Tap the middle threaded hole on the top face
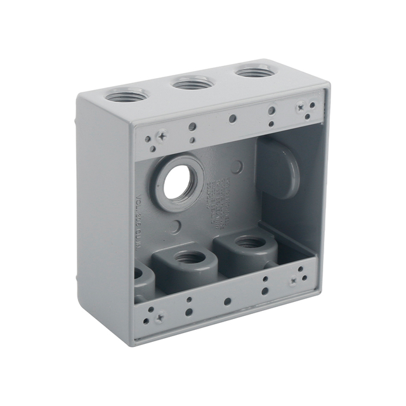[x=192, y=82]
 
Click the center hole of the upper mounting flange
[x=233, y=119]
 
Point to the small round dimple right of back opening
[x=237, y=167]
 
